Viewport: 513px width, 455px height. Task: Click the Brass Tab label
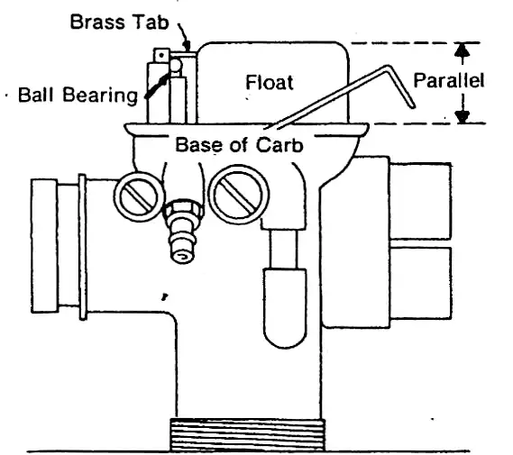[119, 23]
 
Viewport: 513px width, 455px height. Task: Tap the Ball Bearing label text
[78, 96]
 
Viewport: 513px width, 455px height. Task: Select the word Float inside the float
[270, 82]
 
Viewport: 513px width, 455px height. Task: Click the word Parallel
[449, 80]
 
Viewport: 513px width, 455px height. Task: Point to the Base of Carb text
[239, 144]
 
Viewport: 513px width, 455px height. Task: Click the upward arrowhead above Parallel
[462, 50]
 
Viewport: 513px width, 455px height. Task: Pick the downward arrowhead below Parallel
[463, 116]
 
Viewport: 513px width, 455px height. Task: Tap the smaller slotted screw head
[139, 196]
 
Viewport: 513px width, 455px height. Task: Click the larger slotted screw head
[239, 195]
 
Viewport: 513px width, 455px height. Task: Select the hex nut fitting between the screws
[183, 211]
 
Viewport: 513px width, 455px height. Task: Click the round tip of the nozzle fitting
[182, 256]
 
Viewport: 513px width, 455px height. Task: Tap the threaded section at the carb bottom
[247, 435]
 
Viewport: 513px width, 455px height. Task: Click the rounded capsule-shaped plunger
[285, 308]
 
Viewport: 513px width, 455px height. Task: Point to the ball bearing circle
[176, 66]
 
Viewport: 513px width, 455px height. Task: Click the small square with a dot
[161, 55]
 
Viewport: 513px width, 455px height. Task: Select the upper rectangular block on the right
[421, 200]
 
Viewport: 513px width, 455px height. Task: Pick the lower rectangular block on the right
[421, 283]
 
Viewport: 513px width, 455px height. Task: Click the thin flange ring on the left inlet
[83, 247]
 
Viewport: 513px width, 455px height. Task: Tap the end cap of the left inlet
[44, 246]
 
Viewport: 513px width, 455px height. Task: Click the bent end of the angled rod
[401, 86]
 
